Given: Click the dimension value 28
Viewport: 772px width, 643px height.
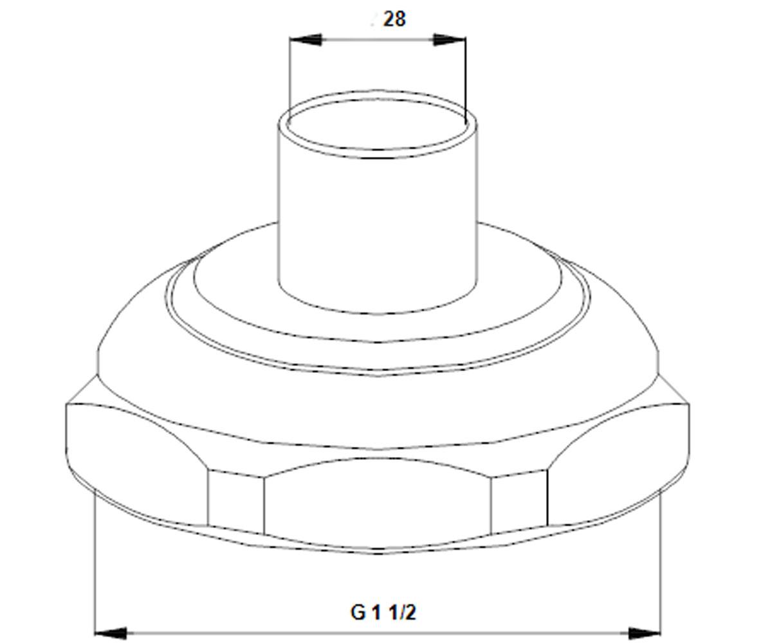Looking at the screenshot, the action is [x=394, y=19].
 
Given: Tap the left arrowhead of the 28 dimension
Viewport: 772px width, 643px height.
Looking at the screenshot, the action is [x=306, y=39].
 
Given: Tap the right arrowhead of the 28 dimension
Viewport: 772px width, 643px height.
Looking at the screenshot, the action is [x=450, y=39].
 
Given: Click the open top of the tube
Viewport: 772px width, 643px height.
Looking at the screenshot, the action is [x=378, y=124].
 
